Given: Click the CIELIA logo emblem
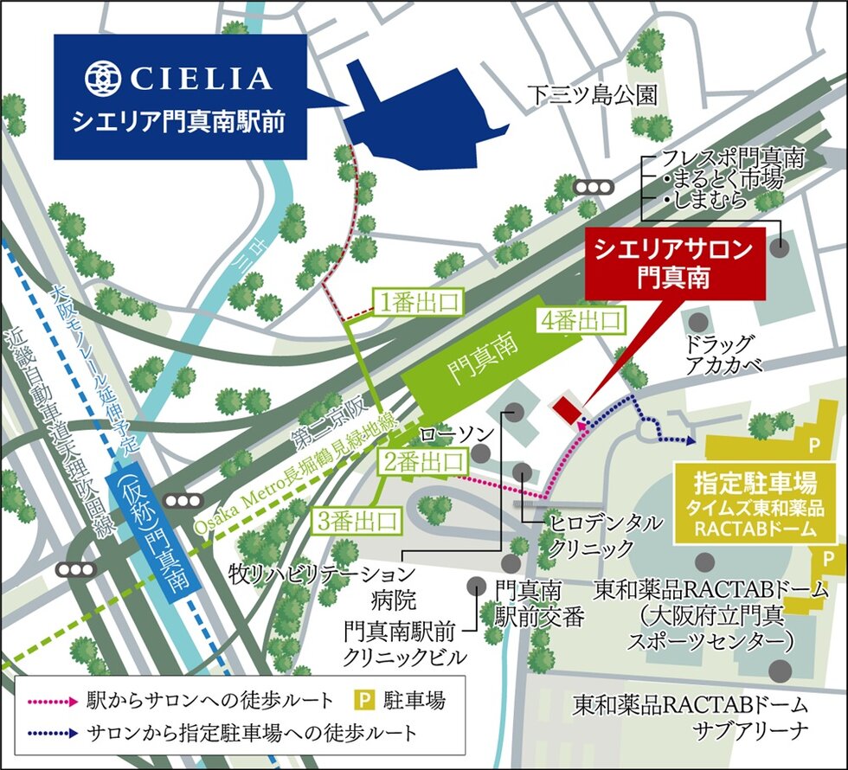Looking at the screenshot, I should (x=103, y=78).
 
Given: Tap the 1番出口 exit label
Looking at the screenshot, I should (x=414, y=301).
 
